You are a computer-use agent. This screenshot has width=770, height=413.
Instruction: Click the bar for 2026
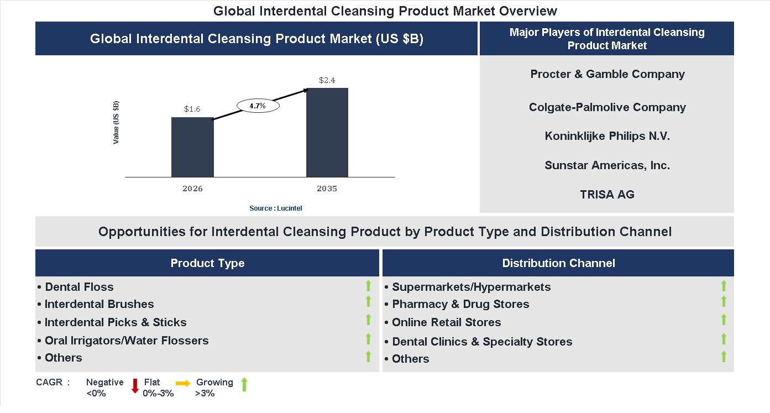(x=192, y=147)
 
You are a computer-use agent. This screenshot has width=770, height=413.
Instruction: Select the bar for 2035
(x=327, y=132)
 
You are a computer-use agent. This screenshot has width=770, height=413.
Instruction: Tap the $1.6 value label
(x=192, y=109)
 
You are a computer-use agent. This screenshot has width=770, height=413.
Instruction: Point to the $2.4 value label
(x=327, y=80)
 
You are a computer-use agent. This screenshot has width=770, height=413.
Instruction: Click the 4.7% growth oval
(x=258, y=105)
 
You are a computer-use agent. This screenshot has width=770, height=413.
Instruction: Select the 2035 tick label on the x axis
(x=327, y=189)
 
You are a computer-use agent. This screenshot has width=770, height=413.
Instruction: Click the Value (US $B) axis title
(x=116, y=123)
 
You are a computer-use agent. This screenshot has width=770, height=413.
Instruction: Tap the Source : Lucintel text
(x=276, y=208)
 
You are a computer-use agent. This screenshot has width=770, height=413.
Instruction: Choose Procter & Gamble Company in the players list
(x=607, y=74)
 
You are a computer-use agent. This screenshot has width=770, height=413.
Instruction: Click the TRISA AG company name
(x=607, y=194)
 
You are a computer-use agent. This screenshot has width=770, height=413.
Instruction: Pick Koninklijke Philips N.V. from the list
(x=607, y=136)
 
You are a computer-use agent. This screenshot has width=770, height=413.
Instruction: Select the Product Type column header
(x=207, y=263)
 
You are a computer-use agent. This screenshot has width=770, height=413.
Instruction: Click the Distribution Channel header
(x=558, y=263)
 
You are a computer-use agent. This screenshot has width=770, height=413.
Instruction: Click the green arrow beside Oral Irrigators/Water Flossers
(x=368, y=339)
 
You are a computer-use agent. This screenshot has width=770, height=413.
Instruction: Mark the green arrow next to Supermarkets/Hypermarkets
(x=724, y=286)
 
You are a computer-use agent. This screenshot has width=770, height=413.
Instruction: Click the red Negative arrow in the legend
(x=135, y=386)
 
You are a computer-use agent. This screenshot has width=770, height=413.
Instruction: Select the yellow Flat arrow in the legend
(x=183, y=383)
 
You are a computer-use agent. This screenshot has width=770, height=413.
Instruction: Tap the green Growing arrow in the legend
(x=244, y=384)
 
